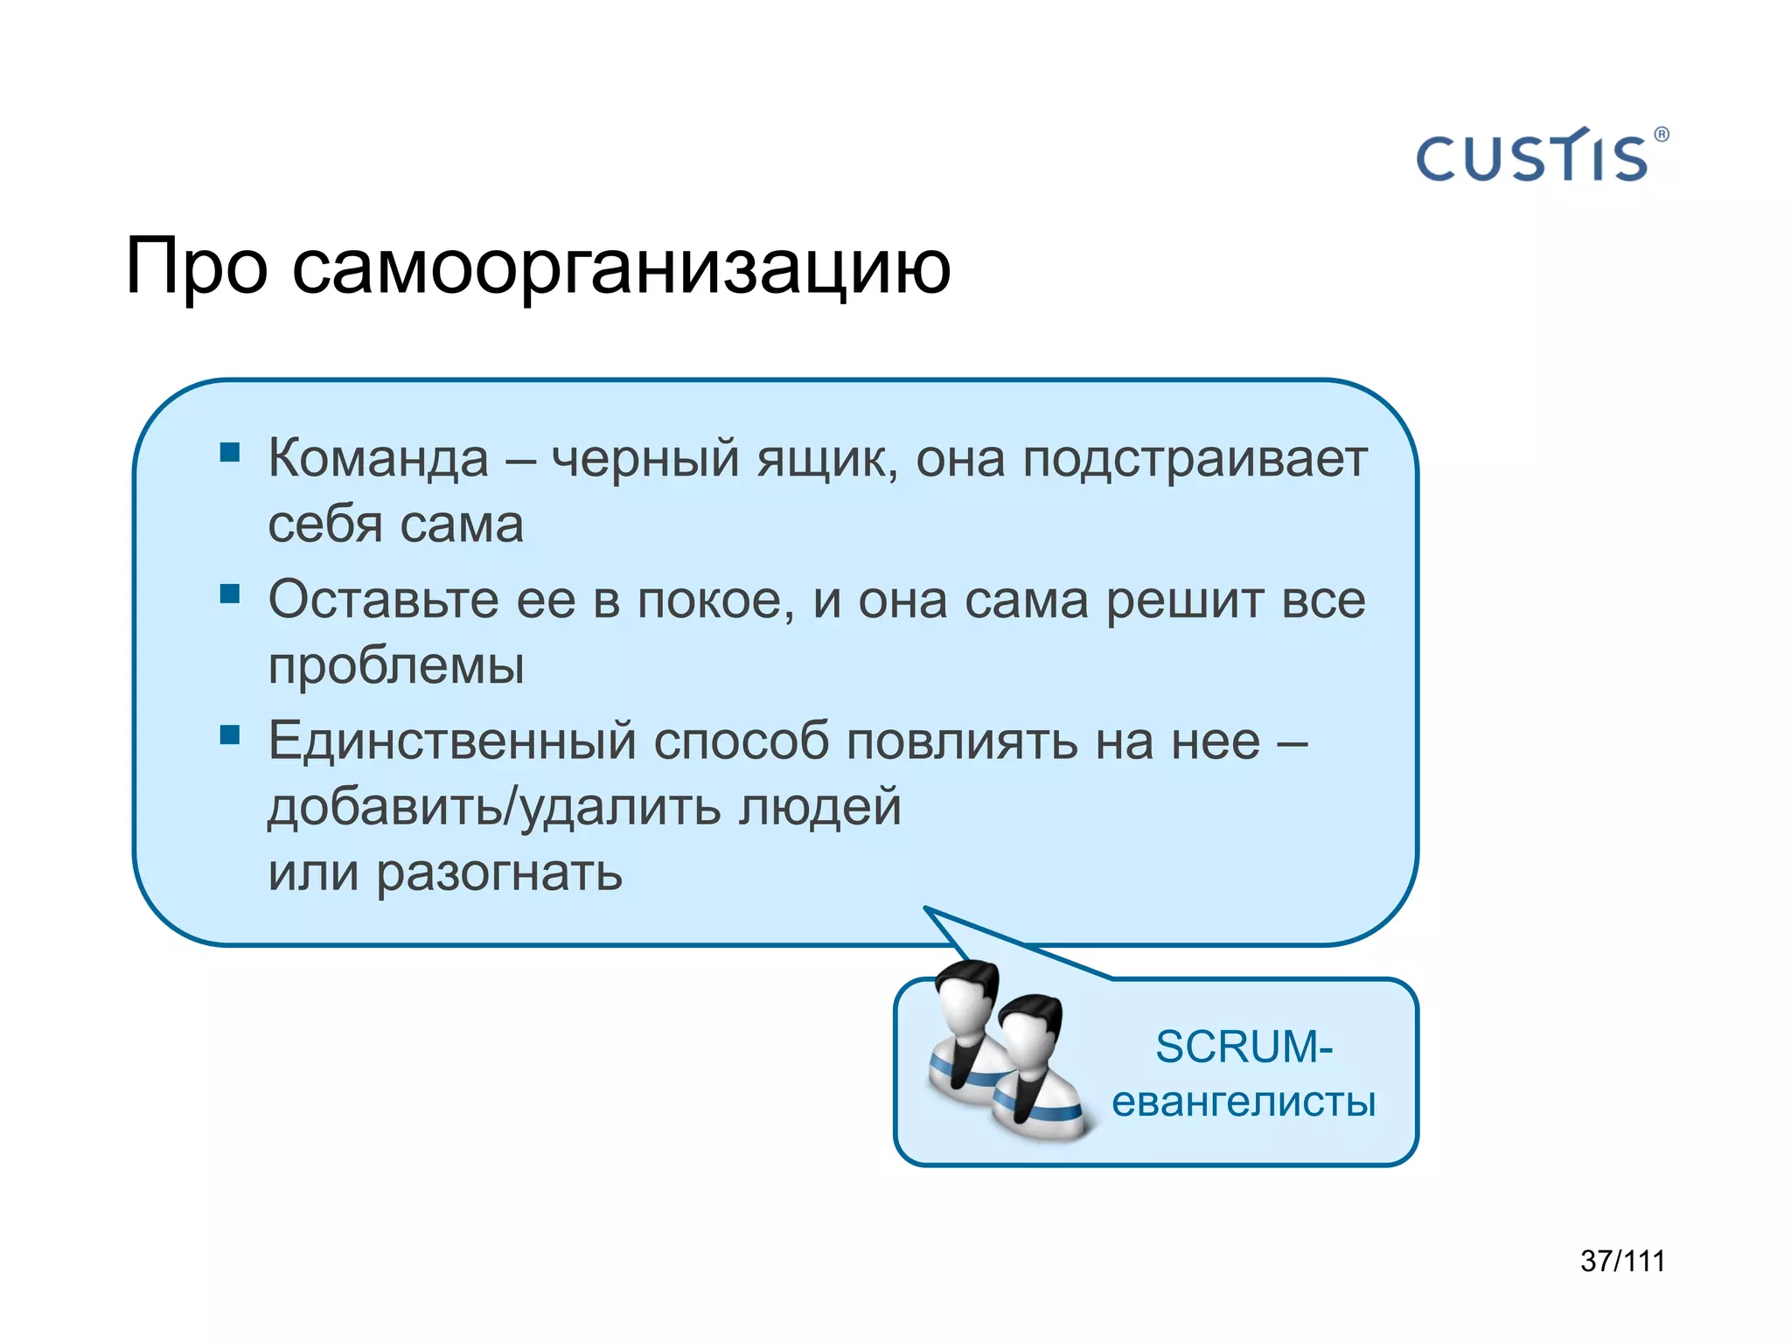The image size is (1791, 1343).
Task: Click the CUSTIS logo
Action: point(1532,158)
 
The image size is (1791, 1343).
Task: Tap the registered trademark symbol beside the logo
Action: point(1662,135)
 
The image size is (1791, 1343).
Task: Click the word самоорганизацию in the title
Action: point(621,267)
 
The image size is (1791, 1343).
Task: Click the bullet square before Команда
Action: point(230,452)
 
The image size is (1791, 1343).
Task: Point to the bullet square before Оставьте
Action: point(230,595)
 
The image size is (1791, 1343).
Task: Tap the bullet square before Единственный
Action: point(230,734)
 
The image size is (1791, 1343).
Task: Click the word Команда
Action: point(378,458)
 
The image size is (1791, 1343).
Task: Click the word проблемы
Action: point(396,666)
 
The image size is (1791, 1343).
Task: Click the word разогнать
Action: point(498,873)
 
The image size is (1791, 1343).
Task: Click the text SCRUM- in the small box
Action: point(1244,1047)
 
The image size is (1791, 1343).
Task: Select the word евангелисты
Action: point(1244,1102)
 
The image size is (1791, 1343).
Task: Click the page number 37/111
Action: point(1622,1261)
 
